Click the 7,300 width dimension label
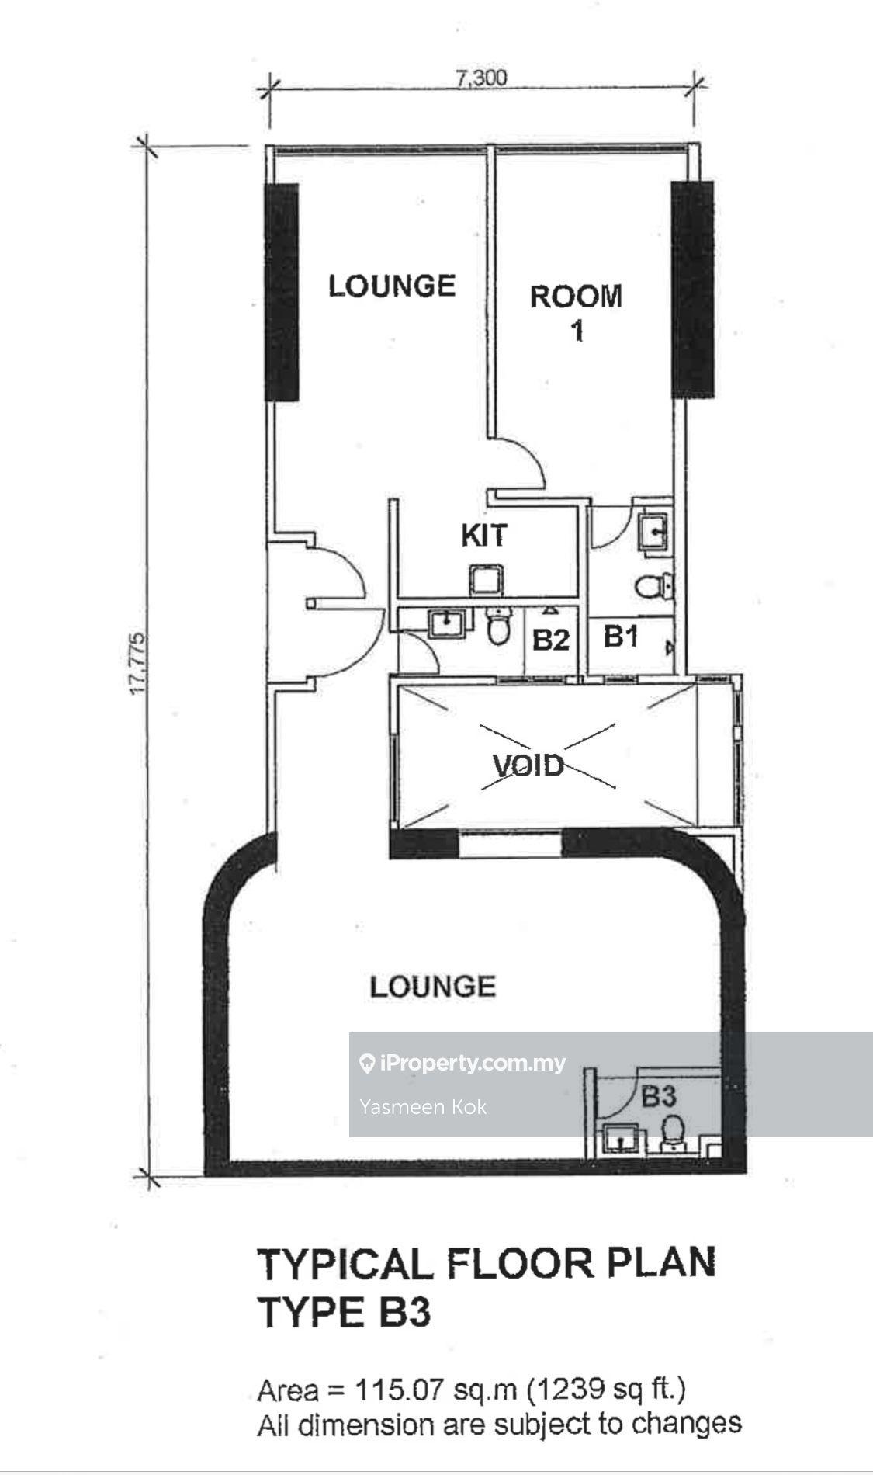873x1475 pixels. [x=481, y=78]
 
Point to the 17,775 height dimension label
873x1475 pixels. [x=139, y=664]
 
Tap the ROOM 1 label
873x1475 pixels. [x=576, y=313]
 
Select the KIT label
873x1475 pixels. [x=484, y=535]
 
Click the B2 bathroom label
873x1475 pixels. [x=551, y=640]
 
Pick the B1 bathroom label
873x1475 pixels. [x=621, y=637]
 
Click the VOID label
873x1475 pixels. [x=528, y=765]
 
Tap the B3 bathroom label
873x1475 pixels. [x=658, y=1097]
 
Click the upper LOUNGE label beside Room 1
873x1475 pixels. [x=392, y=286]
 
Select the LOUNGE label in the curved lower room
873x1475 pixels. [x=433, y=987]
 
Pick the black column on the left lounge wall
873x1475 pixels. [x=282, y=292]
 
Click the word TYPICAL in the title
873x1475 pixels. [x=345, y=1264]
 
